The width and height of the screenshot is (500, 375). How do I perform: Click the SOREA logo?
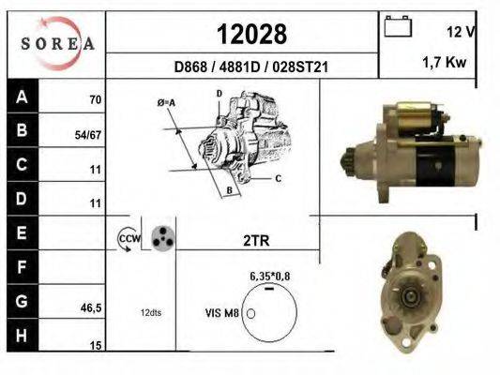point(55,43)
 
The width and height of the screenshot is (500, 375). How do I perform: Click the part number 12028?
point(251,34)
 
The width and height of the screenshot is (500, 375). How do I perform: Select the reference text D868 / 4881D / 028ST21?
point(251,67)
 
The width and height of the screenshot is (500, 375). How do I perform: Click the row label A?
point(22,97)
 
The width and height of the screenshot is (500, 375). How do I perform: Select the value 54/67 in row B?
point(87,135)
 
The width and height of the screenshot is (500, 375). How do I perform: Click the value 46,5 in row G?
point(90,306)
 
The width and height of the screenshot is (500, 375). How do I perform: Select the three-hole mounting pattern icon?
point(162,238)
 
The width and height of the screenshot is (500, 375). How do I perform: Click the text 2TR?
point(255,240)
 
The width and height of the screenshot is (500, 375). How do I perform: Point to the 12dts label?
point(151,312)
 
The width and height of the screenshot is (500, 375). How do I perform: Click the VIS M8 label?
point(222,312)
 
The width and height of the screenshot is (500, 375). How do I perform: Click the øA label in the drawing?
point(165,102)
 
